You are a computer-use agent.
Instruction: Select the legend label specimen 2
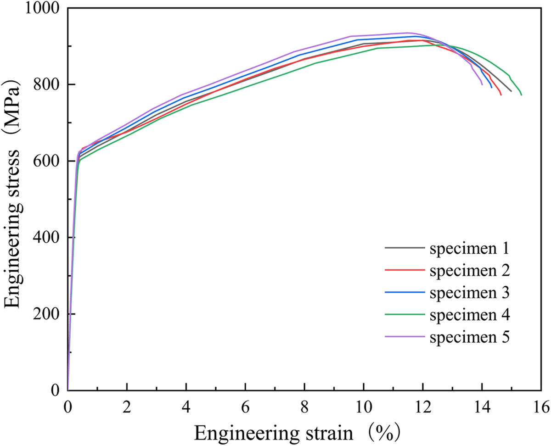pyautogui.click(x=469, y=271)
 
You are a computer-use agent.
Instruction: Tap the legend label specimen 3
pyautogui.click(x=469, y=293)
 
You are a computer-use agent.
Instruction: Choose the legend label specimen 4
pyautogui.click(x=469, y=315)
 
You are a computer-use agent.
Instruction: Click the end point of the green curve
pyautogui.click(x=522, y=95)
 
